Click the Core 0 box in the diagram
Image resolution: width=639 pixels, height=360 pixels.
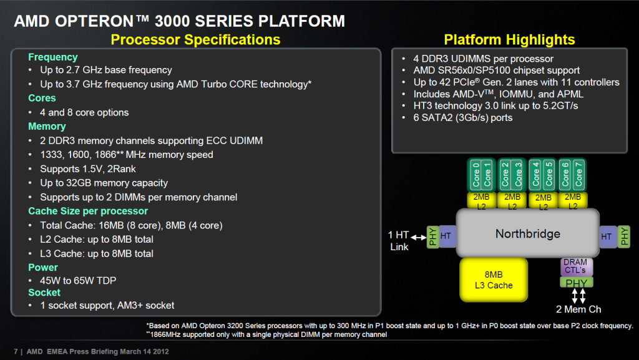coord(476,175)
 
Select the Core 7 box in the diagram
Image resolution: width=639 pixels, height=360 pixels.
coord(578,175)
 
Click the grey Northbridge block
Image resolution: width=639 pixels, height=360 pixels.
coord(528,233)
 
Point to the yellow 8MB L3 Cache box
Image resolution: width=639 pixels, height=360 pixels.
coord(494,280)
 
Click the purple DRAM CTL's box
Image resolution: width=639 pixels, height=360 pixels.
coord(576,266)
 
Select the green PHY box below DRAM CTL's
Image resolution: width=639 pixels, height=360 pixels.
coord(577,282)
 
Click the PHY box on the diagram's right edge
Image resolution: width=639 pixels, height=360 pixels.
coord(623,236)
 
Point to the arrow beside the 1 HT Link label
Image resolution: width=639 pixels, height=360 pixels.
coord(419,237)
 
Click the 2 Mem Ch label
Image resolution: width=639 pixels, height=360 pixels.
coord(578,309)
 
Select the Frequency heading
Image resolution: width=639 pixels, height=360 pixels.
coord(53,57)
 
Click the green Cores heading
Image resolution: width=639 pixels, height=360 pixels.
coord(42,98)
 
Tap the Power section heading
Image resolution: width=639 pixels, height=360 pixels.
coord(43,268)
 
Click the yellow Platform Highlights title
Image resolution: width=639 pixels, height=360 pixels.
coord(509,39)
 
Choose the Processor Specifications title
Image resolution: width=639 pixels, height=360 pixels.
coord(195,39)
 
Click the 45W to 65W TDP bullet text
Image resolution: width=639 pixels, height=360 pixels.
coord(78,281)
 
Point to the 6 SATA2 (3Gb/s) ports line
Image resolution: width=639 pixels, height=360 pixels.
coord(463,118)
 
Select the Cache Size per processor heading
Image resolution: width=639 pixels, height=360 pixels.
coord(88,211)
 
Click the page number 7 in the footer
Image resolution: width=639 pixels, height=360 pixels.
coord(16,351)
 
